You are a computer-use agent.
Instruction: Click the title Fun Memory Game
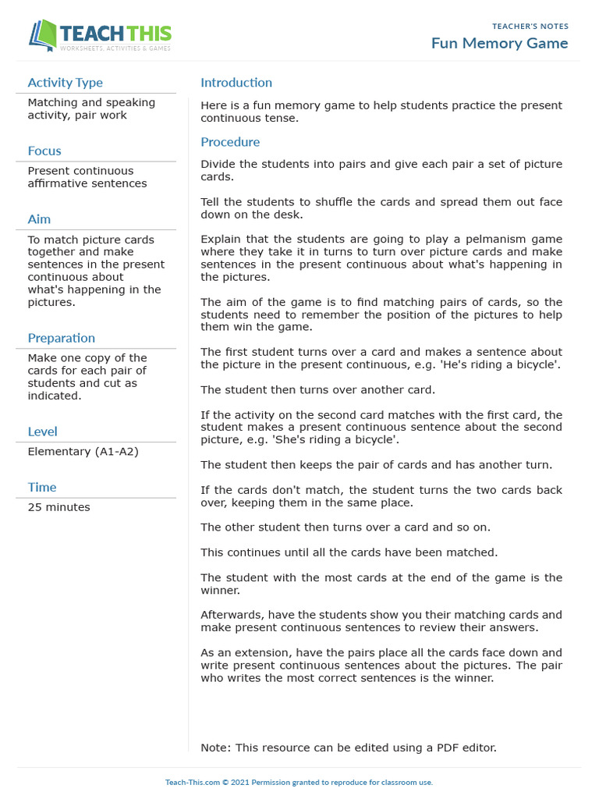click(499, 43)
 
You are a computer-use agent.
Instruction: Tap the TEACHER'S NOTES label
click(530, 27)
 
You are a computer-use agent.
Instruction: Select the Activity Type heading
click(65, 83)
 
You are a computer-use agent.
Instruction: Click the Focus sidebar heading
click(44, 151)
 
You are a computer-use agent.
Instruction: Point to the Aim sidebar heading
click(39, 219)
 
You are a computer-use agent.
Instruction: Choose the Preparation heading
click(62, 338)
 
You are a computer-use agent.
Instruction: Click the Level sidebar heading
click(43, 431)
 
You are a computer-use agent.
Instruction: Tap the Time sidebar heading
click(42, 487)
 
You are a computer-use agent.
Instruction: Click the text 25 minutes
click(58, 507)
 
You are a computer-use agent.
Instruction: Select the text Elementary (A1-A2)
click(83, 452)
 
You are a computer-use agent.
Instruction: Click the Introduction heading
click(236, 83)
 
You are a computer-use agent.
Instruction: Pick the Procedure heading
click(230, 142)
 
